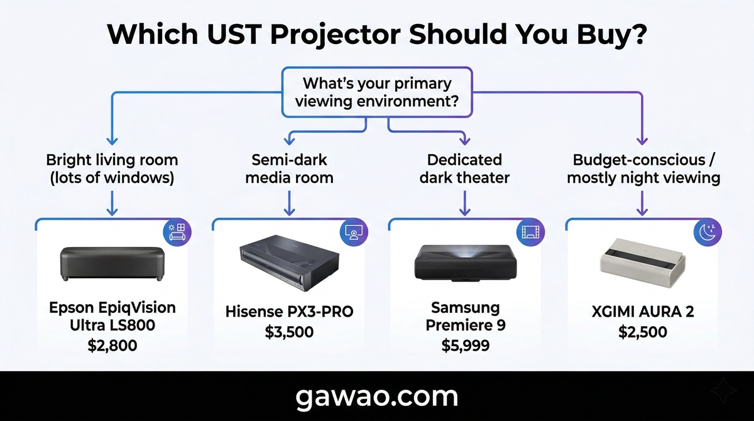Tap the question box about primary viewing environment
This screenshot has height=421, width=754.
pos(377,92)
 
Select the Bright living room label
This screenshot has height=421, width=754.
pos(112,168)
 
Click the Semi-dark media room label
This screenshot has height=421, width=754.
pos(289,168)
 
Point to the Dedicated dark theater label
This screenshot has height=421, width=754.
pos(464,168)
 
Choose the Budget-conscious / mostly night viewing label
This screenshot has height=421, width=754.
pos(643,168)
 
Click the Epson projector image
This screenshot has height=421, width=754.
pos(112,264)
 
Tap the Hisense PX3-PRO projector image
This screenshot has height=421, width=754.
pos(289,263)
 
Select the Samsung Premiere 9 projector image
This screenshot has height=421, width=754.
pos(466,263)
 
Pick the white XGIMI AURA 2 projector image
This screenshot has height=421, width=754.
pos(643,263)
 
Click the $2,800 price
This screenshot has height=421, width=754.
pos(112,345)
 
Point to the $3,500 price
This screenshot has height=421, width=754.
pos(289,332)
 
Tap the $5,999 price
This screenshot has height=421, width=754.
pos(466,345)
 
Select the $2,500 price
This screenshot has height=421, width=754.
pos(643,332)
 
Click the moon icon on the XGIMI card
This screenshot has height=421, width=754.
pos(708,232)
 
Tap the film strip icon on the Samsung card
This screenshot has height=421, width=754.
pos(530,232)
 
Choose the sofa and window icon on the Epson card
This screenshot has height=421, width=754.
pos(177,232)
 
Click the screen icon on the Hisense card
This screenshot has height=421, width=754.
pos(354,232)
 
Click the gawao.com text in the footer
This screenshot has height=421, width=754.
pos(377,397)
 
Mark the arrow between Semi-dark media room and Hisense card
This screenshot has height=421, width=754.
pos(289,203)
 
